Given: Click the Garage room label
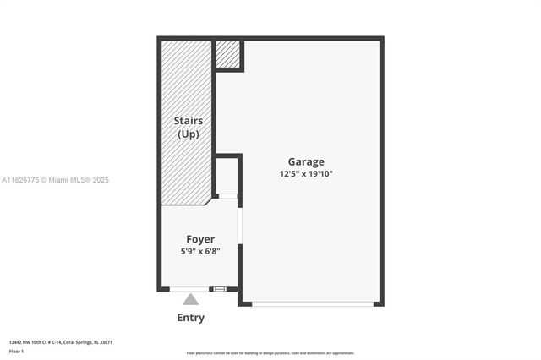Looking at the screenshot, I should [x=305, y=162].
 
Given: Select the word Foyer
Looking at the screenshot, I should [x=200, y=239].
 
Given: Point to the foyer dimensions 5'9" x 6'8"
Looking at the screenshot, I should [x=200, y=251].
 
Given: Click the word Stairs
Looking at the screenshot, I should [x=188, y=122].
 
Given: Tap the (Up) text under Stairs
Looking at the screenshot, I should [x=188, y=134].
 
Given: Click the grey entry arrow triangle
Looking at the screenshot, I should [x=191, y=299].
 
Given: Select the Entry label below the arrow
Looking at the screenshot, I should [x=190, y=318].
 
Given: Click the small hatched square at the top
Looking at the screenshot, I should [x=227, y=54].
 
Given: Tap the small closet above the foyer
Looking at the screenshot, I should [x=227, y=176].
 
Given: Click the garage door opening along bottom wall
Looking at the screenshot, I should [x=314, y=303].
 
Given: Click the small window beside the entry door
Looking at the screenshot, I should [x=220, y=289].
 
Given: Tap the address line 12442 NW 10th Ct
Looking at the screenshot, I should [x=60, y=342].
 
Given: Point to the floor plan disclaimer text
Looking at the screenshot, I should [x=270, y=353].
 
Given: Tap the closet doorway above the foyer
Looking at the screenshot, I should [x=227, y=196].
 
